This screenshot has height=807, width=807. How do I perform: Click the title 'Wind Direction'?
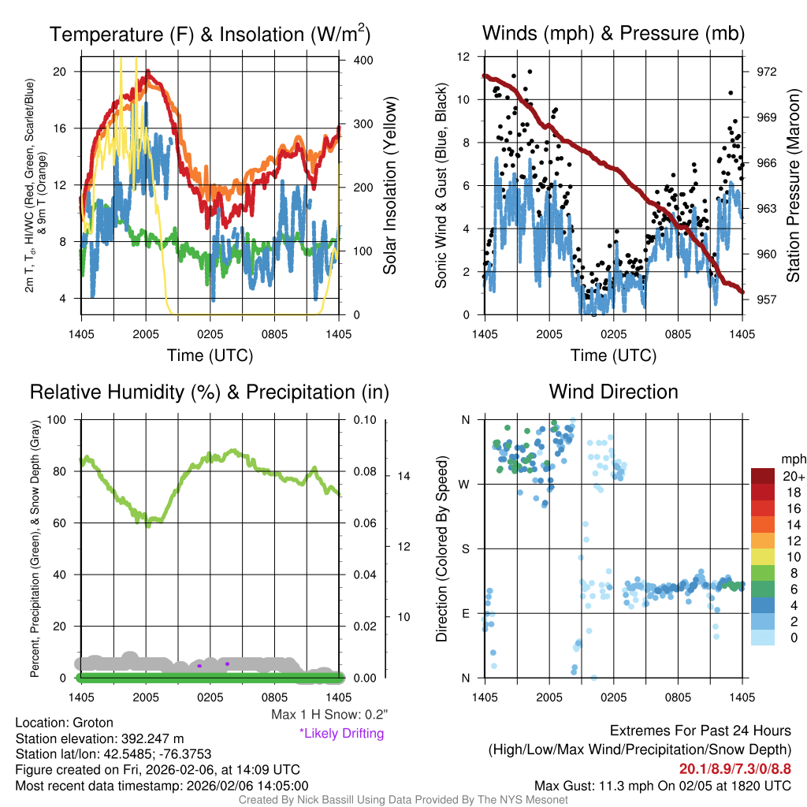[613, 392]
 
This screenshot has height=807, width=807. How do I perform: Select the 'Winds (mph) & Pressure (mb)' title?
[613, 34]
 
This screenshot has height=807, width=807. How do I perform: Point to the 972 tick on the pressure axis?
[767, 72]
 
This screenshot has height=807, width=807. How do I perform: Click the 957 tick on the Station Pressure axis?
[767, 299]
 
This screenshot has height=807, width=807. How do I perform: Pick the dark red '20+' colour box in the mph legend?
[763, 476]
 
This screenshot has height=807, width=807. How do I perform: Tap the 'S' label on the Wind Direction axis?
[466, 549]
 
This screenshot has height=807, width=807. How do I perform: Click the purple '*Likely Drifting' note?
[341, 733]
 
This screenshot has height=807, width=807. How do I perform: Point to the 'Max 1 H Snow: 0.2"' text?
[329, 715]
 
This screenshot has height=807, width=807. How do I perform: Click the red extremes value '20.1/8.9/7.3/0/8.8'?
[735, 768]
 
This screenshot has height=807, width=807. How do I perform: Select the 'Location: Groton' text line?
[65, 723]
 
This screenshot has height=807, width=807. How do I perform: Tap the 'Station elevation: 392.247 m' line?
[99, 738]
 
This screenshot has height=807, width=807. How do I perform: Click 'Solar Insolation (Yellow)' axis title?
[390, 186]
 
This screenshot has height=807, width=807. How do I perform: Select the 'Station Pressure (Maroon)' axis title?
[794, 186]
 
